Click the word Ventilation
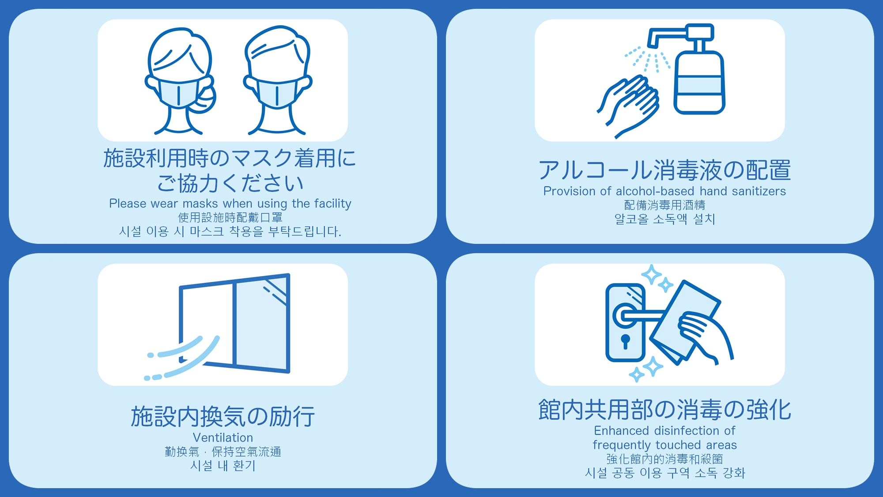(x=223, y=437)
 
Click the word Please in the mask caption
(x=128, y=203)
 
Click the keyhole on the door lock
(x=625, y=341)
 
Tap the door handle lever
(x=640, y=315)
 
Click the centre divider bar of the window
(x=234, y=325)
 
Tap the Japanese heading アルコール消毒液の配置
(x=664, y=170)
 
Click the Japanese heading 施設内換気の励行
(x=223, y=416)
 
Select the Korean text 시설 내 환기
(x=223, y=466)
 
